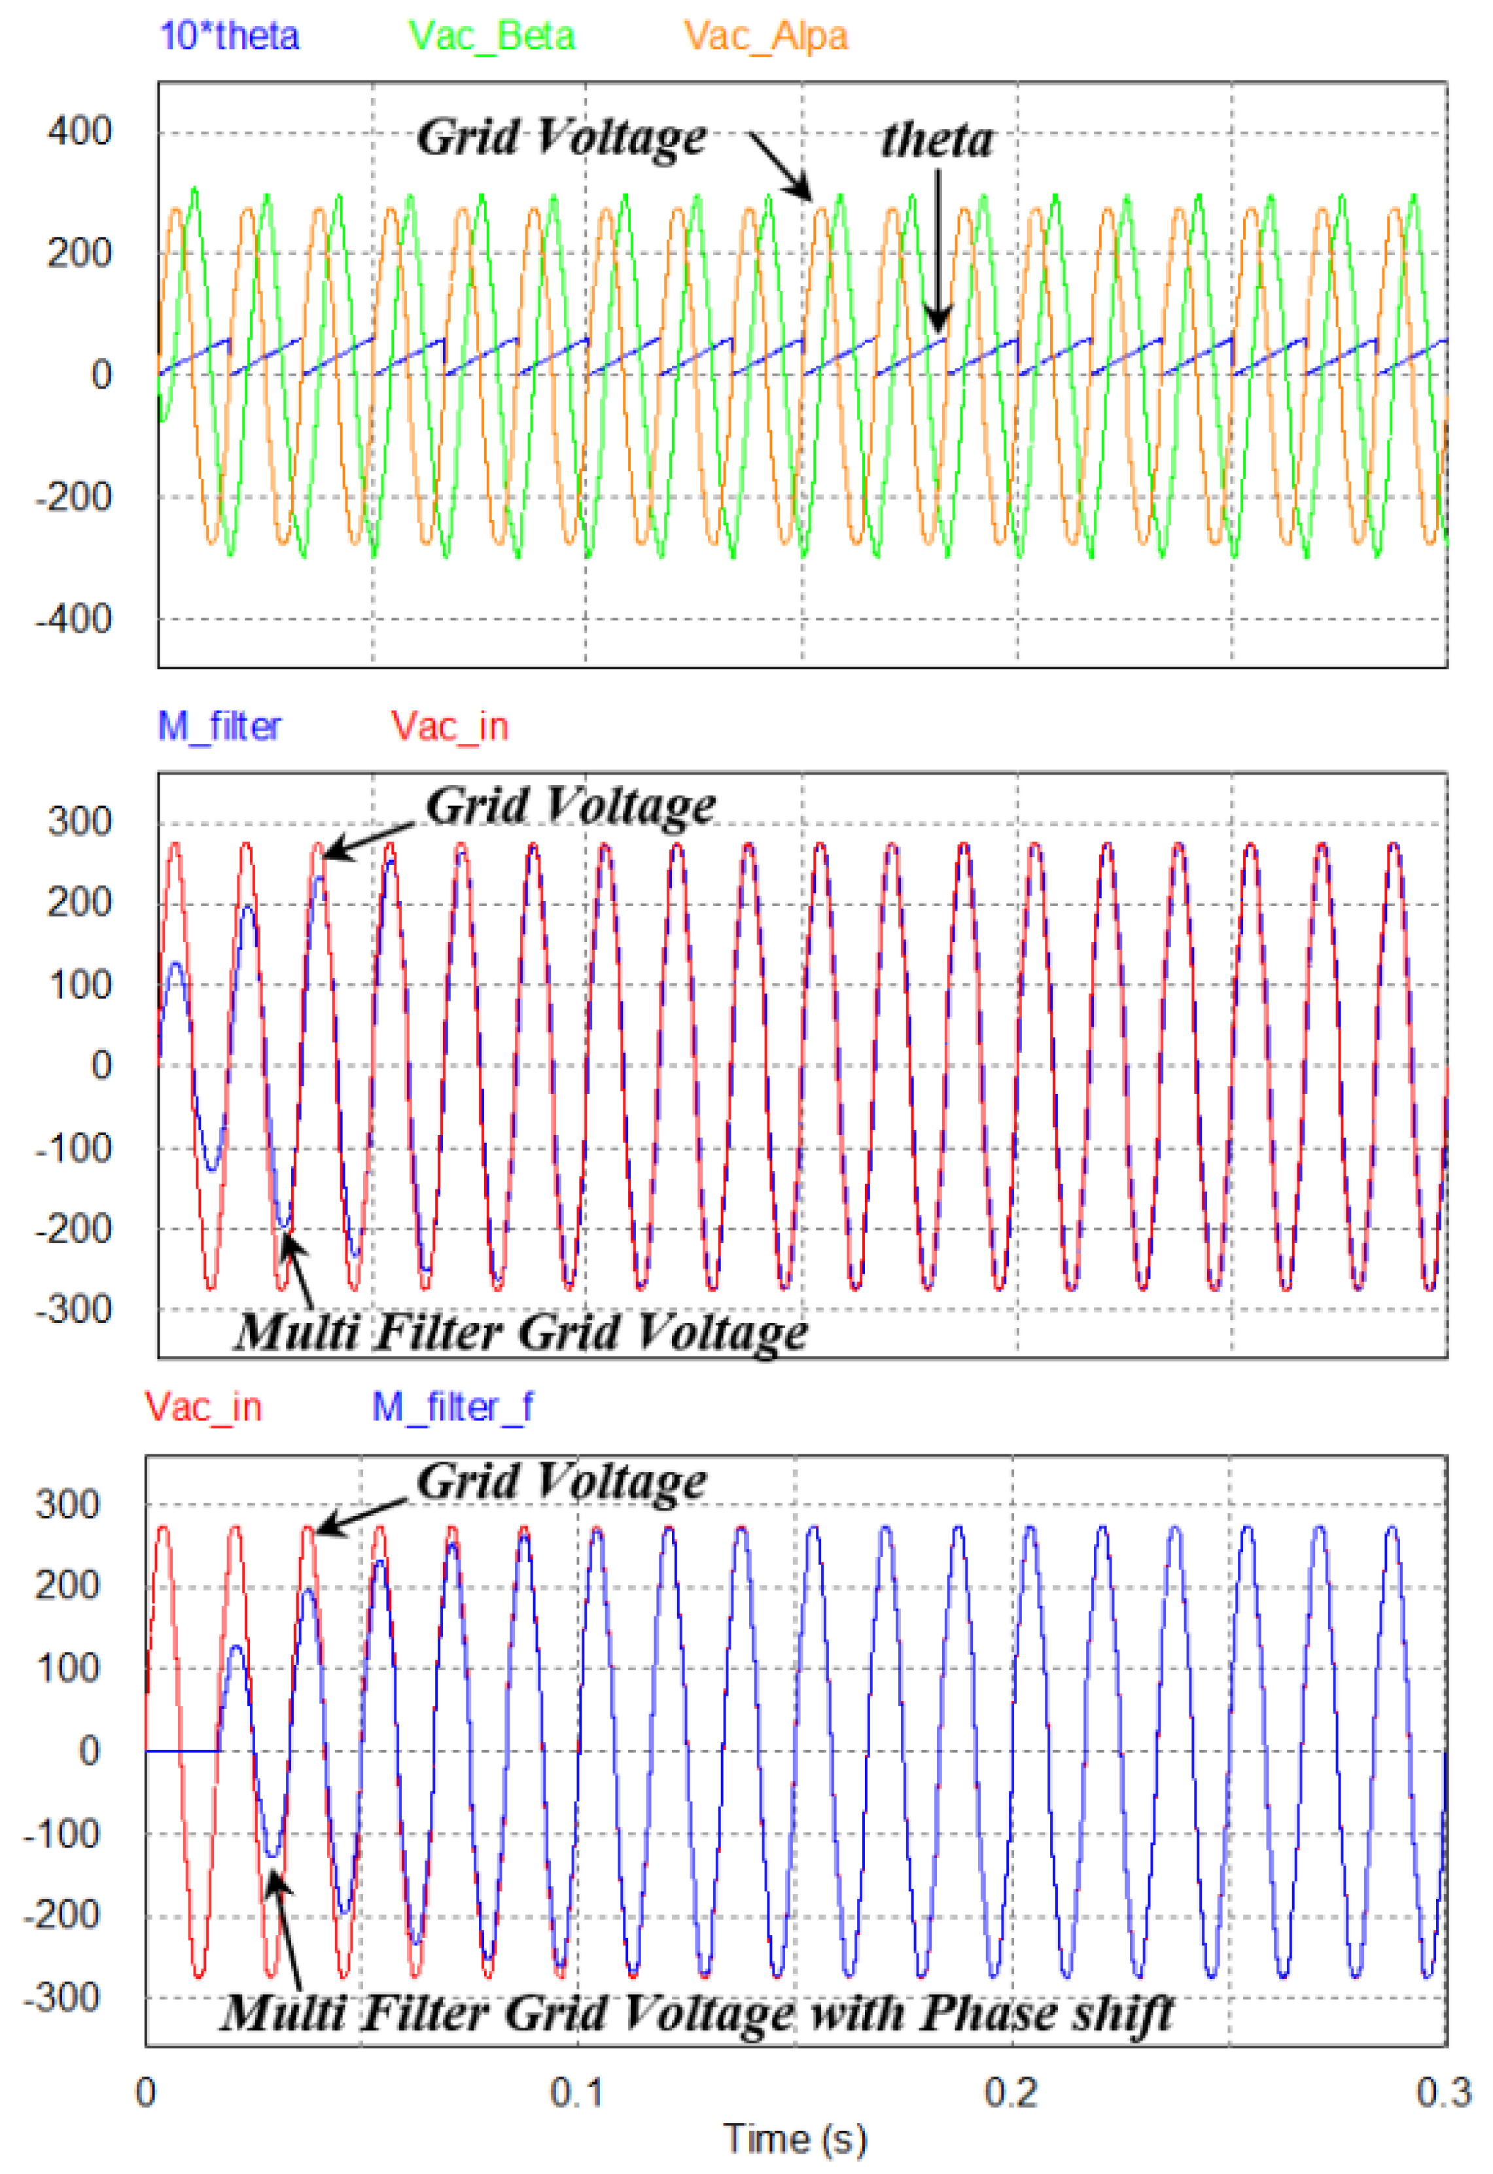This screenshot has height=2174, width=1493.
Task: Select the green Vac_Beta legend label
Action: point(491,37)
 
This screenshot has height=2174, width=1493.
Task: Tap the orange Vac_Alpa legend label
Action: point(765,37)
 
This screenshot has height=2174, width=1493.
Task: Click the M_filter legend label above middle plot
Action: point(219,726)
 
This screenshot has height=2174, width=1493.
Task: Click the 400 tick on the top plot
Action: point(80,131)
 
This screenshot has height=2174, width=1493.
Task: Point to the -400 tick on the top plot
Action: point(74,620)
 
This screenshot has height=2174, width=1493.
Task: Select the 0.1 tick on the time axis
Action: point(577,2093)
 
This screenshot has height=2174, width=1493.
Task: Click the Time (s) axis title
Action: point(795,2139)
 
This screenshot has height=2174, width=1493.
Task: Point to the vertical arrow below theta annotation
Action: point(938,253)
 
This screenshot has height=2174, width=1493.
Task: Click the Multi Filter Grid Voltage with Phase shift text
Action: point(697,2013)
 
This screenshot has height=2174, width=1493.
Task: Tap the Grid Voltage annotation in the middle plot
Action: point(571,807)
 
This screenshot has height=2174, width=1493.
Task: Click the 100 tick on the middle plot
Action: point(80,985)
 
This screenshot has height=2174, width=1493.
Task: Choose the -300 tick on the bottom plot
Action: point(61,1998)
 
